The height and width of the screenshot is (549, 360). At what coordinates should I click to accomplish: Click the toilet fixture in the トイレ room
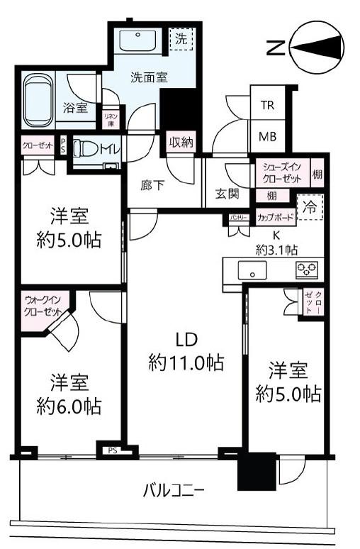pos(86,150)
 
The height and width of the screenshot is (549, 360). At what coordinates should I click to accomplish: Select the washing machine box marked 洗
pos(181,40)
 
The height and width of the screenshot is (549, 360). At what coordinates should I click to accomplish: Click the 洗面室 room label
pos(148,78)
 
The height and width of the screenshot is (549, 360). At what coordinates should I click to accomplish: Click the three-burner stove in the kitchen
pos(307,269)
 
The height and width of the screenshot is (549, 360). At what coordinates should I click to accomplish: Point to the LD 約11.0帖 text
pos(186,352)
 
